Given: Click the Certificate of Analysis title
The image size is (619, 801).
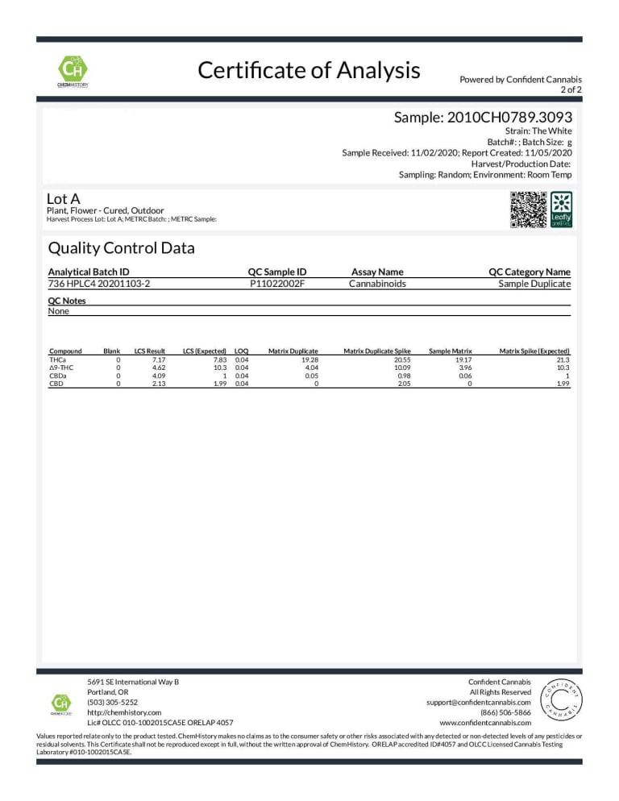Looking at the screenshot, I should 309,71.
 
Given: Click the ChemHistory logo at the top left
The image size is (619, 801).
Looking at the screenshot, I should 73,69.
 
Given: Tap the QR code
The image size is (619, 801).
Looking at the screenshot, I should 529,209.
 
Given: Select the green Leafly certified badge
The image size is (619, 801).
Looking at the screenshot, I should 561,209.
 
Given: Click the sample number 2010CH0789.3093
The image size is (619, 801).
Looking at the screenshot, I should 483,118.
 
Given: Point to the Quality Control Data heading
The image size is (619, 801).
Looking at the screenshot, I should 121,248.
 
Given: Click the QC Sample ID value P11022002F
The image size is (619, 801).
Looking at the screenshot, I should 276,284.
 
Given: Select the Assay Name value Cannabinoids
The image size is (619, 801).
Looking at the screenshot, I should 377,284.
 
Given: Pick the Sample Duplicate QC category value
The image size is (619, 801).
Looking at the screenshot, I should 534,284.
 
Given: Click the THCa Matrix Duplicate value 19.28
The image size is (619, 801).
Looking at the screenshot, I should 309,360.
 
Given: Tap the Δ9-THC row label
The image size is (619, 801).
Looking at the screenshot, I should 62,368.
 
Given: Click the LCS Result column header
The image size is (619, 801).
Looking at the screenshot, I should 149,351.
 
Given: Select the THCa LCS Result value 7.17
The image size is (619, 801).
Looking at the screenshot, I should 157,360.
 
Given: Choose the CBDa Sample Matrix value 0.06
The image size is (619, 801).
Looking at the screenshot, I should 464,376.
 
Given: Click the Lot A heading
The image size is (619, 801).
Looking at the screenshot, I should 64,198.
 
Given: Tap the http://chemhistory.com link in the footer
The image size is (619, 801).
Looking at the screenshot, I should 124,712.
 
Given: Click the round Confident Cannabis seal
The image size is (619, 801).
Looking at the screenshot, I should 558,700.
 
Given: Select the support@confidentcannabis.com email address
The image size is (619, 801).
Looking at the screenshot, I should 478,702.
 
